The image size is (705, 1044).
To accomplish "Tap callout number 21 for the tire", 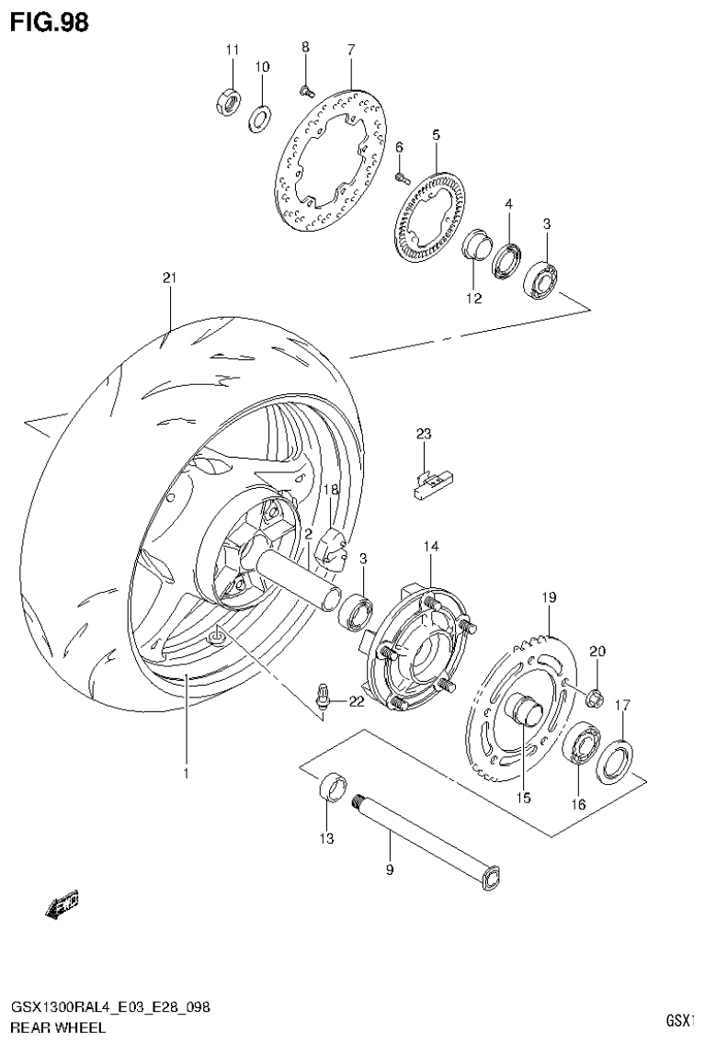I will (x=168, y=278).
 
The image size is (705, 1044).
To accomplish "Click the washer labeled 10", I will (x=260, y=116).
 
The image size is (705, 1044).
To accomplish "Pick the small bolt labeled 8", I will (x=305, y=88).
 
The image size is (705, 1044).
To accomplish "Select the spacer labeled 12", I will (x=474, y=248).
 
